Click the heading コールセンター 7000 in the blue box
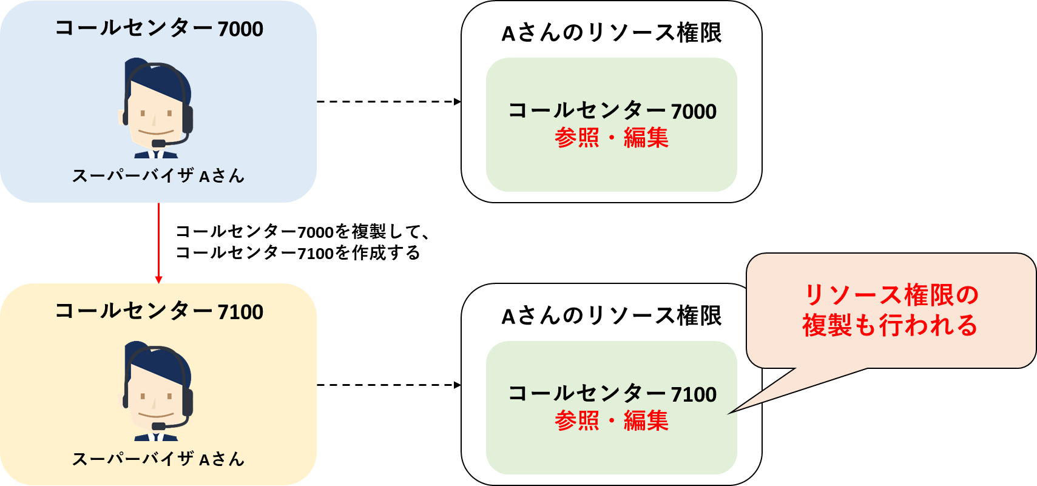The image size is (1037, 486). tap(159, 29)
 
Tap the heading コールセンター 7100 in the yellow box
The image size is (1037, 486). tap(159, 311)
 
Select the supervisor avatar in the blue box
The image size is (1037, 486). tap(155, 108)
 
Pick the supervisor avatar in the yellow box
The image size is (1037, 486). tap(155, 391)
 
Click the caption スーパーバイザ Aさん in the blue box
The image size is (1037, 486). tap(158, 176)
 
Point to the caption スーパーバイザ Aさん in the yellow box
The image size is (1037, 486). tap(158, 459)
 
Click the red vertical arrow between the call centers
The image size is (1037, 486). tap(159, 243)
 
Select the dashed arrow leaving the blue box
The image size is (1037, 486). tap(389, 101)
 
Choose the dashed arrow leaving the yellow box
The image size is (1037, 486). tap(389, 385)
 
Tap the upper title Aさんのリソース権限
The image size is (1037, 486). tap(612, 33)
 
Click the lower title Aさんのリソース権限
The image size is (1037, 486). tap(612, 317)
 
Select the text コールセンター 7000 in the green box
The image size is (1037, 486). tap(612, 111)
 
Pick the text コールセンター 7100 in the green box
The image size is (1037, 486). tap(612, 394)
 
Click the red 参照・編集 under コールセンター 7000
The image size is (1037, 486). tap(612, 138)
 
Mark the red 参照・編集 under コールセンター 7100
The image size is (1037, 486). tap(612, 420)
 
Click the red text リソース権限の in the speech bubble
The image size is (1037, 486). tap(891, 295)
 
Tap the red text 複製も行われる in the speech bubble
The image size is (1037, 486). tap(890, 325)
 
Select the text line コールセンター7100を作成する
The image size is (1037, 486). tap(298, 253)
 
